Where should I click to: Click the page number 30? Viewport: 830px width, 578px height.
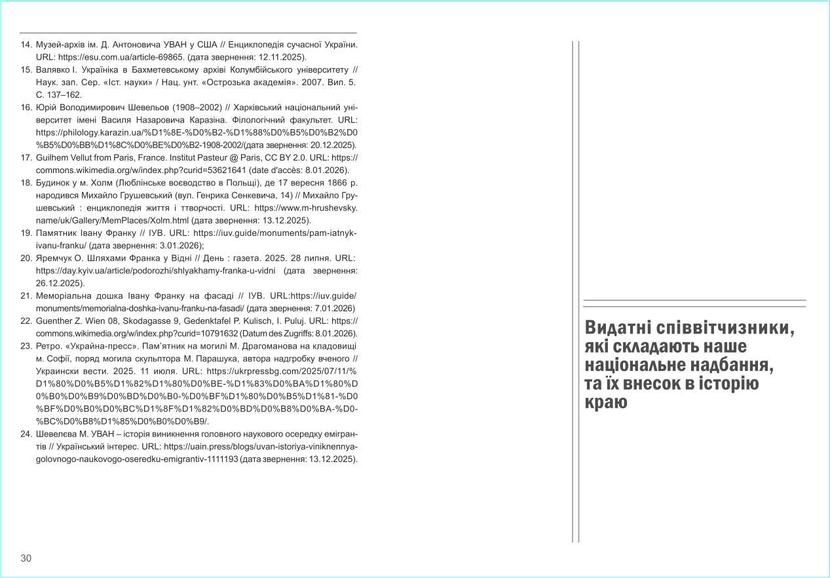pyautogui.click(x=26, y=558)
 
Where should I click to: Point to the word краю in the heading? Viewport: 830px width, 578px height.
pyautogui.click(x=606, y=402)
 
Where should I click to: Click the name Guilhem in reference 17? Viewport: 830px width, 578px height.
pyautogui.click(x=54, y=157)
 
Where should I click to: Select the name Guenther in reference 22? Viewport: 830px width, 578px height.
pyautogui.click(x=56, y=320)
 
